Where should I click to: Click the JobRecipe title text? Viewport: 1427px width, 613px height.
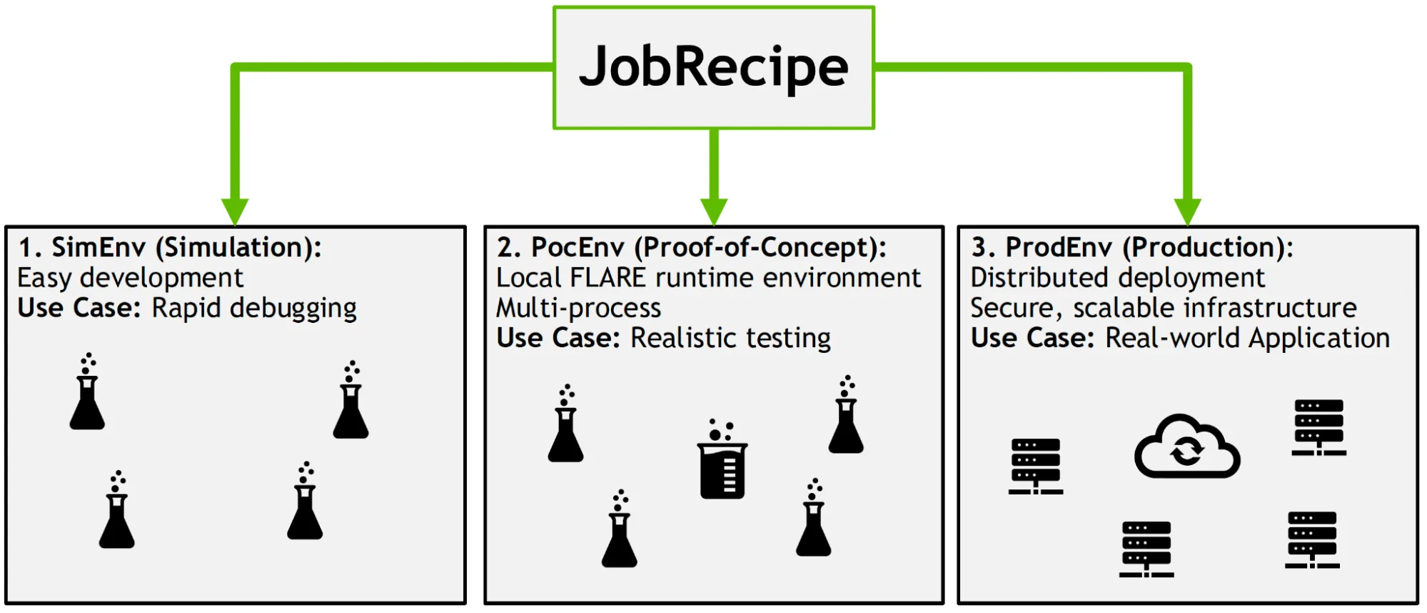point(713,66)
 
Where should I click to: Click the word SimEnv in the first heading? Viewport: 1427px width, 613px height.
point(99,247)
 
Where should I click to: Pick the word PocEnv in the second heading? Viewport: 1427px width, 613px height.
point(578,247)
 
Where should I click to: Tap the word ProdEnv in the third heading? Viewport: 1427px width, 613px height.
point(1059,247)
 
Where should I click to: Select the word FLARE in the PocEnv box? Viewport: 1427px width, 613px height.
point(607,277)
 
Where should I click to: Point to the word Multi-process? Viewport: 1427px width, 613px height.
point(578,308)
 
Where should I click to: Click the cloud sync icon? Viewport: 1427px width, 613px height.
point(1186,447)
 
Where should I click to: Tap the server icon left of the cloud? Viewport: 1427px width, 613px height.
point(1035,466)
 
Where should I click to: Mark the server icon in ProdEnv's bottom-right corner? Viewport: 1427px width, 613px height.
point(1311,539)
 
